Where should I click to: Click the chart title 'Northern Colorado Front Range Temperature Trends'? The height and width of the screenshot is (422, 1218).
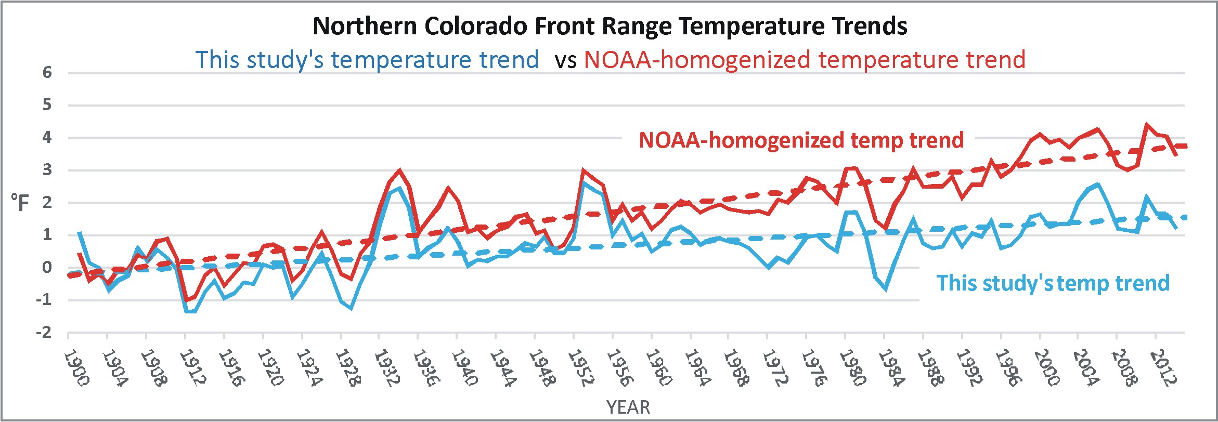click(610, 26)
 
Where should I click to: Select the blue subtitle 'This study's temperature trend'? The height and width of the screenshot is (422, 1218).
click(367, 60)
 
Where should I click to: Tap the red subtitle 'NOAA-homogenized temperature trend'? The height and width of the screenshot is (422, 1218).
click(805, 60)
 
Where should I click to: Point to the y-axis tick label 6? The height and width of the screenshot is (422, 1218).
click(47, 73)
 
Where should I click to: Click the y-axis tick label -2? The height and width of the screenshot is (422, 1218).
click(44, 333)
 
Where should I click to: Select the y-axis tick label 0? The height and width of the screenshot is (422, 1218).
click(47, 268)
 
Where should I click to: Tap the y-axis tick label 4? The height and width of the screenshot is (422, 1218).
click(47, 138)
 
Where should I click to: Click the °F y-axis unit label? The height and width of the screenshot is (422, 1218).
click(20, 203)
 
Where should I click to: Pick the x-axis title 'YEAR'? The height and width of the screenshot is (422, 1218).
click(628, 407)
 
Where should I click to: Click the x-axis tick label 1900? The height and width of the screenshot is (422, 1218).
click(76, 368)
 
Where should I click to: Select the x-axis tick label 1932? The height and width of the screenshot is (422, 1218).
click(387, 368)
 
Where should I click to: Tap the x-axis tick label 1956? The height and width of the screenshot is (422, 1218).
click(619, 368)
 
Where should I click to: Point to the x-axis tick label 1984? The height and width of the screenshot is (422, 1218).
click(891, 368)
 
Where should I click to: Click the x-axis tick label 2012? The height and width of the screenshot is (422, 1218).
click(1163, 368)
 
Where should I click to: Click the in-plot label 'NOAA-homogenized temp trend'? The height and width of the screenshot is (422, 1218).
click(801, 140)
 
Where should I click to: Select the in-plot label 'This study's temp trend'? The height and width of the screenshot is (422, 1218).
click(1053, 283)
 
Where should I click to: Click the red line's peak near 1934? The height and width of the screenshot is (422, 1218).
click(399, 170)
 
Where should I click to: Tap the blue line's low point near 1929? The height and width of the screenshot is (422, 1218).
click(351, 308)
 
